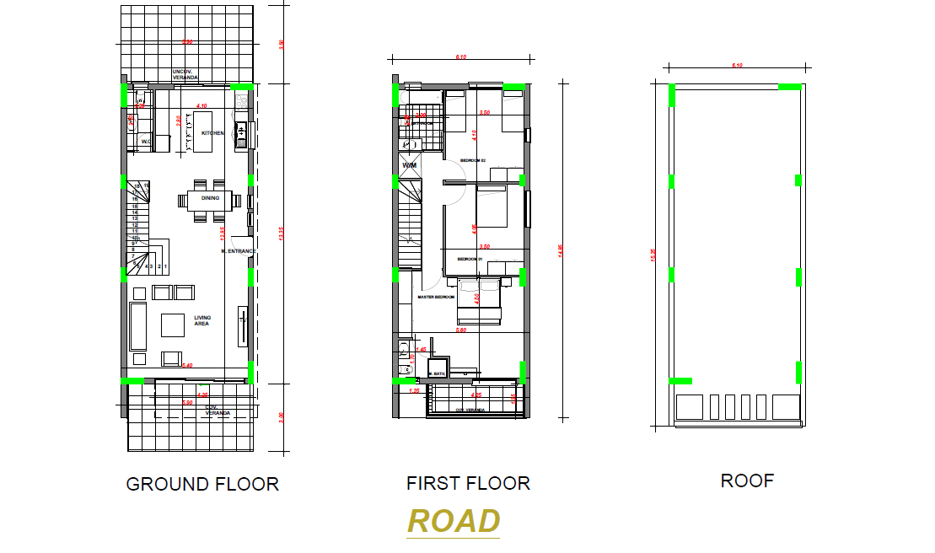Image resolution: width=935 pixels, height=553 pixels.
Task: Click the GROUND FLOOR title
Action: click(x=202, y=484)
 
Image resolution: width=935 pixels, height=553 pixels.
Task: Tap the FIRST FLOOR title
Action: click(x=468, y=483)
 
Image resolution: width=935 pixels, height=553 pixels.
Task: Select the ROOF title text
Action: click(x=747, y=481)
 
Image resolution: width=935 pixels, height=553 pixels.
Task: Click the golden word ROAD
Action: click(x=454, y=521)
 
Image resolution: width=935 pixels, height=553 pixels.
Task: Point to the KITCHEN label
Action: click(x=212, y=133)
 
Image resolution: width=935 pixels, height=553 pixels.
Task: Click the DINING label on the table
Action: click(x=210, y=198)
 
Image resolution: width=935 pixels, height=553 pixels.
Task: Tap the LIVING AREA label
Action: click(x=202, y=320)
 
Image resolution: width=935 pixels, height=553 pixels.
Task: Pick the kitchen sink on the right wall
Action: click(x=240, y=132)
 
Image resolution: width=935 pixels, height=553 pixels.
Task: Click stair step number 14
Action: click(x=134, y=212)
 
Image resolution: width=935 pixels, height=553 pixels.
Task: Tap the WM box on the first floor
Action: click(x=410, y=165)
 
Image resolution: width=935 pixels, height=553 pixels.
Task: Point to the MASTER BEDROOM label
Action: click(x=436, y=297)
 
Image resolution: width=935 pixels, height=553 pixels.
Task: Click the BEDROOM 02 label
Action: click(x=473, y=160)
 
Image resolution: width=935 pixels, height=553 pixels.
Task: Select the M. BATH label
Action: click(x=437, y=373)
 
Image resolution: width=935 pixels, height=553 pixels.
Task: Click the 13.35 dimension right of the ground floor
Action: click(x=282, y=237)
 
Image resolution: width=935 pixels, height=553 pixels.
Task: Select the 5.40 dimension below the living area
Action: click(x=187, y=365)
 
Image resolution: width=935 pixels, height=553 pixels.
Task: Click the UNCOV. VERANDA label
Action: click(x=185, y=73)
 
